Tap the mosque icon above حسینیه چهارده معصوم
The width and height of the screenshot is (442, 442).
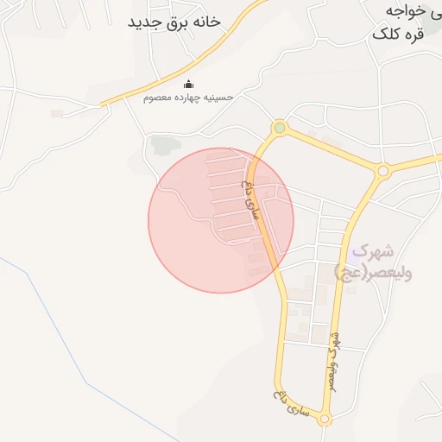(x=189, y=84)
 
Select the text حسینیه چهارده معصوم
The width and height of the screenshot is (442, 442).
(x=188, y=98)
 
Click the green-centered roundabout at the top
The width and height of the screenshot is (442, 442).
(x=279, y=129)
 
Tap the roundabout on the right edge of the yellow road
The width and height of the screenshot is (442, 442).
(x=383, y=171)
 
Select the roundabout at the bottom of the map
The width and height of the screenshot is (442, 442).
(x=325, y=420)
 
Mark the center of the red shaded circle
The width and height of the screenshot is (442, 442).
(x=221, y=220)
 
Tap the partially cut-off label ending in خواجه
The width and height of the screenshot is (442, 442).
(x=406, y=10)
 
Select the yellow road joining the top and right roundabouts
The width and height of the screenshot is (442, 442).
(x=332, y=149)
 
